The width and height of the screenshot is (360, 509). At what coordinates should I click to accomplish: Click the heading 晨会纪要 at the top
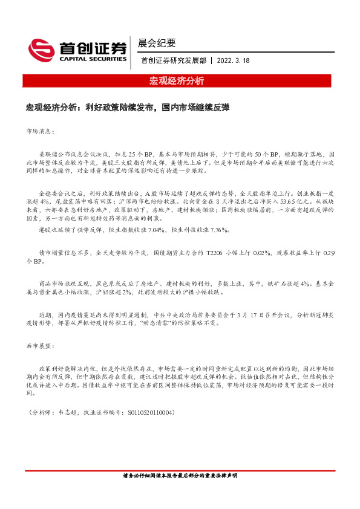click(157, 43)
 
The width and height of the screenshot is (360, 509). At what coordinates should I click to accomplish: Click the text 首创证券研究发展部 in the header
click(172, 60)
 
